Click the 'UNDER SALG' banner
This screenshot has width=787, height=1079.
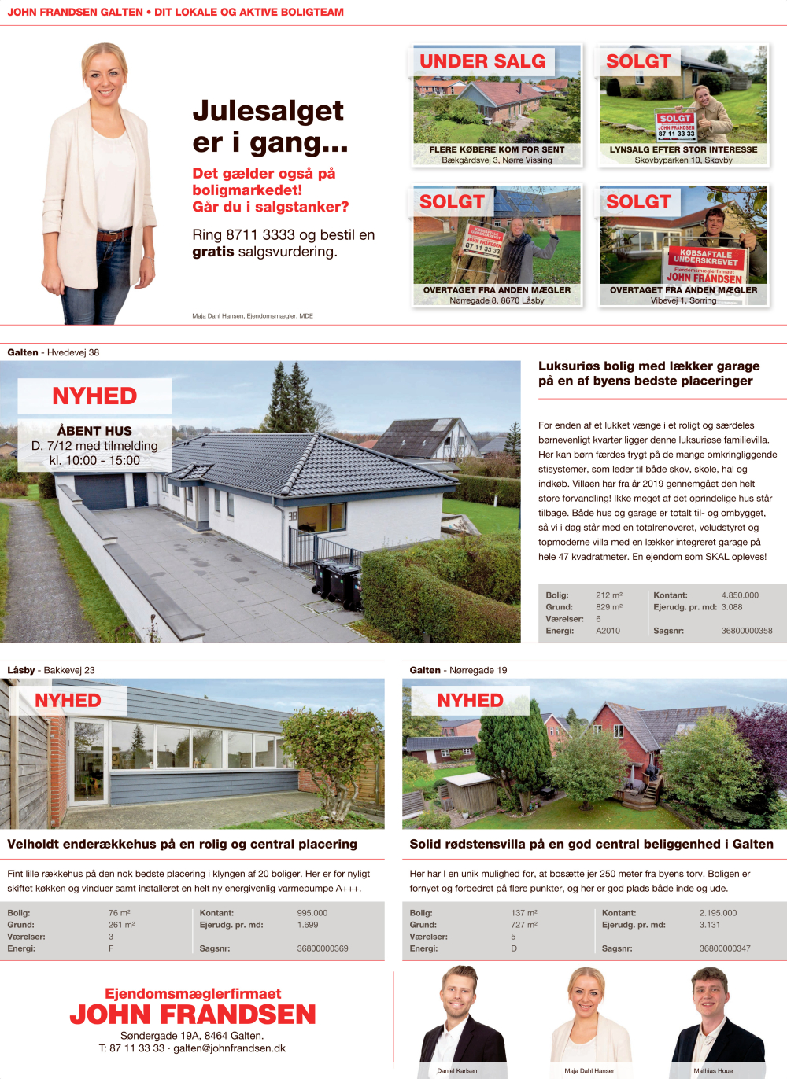(482, 61)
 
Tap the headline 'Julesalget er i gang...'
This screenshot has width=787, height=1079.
(269, 127)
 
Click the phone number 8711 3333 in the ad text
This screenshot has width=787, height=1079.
(260, 235)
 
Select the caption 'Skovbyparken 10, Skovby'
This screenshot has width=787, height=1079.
(683, 160)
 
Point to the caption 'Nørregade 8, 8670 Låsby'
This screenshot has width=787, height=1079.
(497, 300)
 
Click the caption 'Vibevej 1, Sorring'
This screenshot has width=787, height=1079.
(683, 300)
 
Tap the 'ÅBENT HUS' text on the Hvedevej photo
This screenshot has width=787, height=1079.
(94, 431)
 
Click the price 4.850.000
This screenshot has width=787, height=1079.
(740, 595)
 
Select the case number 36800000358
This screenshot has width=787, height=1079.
(746, 631)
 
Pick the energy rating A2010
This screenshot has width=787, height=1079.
(608, 631)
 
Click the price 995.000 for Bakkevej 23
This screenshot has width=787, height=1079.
(312, 913)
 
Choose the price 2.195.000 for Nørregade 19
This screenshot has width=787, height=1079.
(718, 913)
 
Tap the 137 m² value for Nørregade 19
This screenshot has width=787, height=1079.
(523, 913)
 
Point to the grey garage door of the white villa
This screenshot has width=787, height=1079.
(100, 492)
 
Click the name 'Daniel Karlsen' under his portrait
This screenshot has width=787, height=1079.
(457, 1070)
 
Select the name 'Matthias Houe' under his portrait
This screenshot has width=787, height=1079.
(713, 1070)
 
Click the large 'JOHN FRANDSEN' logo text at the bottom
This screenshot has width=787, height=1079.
(193, 1015)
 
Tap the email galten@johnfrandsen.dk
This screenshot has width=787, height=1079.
(229, 1048)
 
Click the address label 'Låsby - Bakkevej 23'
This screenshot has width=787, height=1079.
(51, 670)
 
